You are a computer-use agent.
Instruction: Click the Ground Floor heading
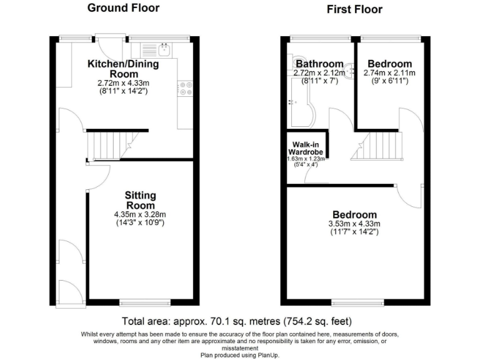123,8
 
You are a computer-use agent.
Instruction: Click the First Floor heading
354,9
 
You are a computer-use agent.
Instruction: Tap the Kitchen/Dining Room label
122,69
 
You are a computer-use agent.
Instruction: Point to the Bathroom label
319,64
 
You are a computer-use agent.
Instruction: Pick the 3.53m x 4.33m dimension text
354,224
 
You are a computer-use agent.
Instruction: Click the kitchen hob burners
185,88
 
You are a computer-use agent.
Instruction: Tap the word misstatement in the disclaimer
241,347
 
